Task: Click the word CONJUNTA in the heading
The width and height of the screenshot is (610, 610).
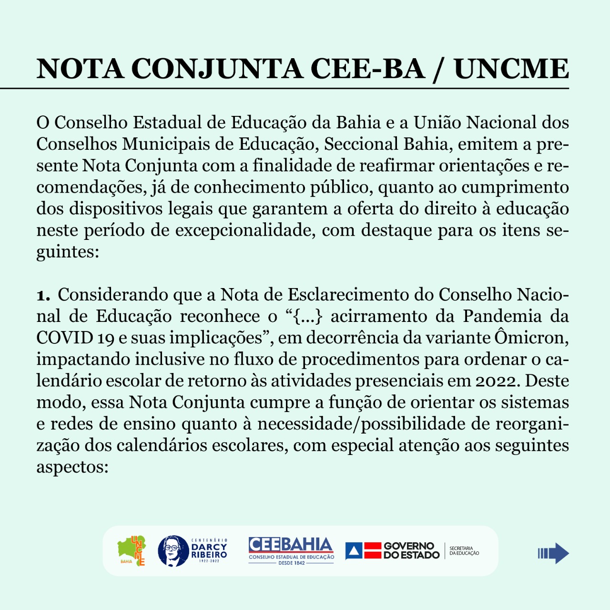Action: (x=217, y=69)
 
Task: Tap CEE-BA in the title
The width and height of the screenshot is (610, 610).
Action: (x=367, y=69)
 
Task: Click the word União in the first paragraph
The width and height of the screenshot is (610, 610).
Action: (x=437, y=123)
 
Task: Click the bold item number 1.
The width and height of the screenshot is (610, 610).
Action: (x=43, y=295)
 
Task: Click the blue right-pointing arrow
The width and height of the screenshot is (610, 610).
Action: (x=553, y=553)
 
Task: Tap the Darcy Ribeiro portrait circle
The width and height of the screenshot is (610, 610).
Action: (x=173, y=551)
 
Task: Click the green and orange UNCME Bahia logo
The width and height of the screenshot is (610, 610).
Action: (x=132, y=551)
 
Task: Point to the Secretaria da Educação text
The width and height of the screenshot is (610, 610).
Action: (x=464, y=551)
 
